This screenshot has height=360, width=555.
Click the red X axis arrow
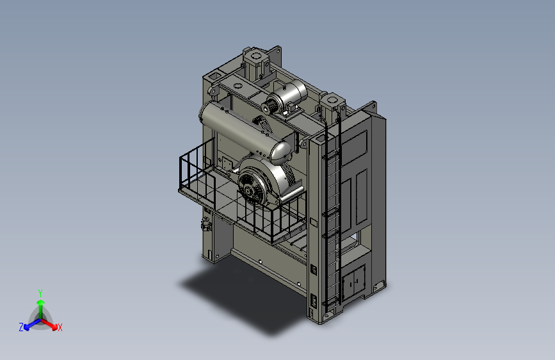[x=49, y=323]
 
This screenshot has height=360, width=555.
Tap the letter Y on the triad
[x=40, y=293]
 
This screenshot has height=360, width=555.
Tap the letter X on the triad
[x=60, y=327]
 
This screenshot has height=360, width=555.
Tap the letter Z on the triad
[x=21, y=327]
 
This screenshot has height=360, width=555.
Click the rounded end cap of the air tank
[x=281, y=154]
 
